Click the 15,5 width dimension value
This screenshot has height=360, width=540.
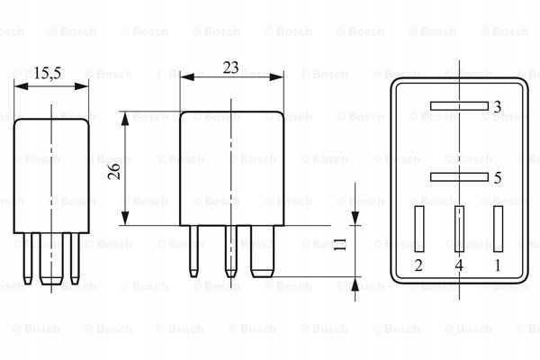coord(48,74)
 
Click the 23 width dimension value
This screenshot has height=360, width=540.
coord(230,67)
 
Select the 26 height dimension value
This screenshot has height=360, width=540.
coord(114,171)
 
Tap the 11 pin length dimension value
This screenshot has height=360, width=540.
coord(340,244)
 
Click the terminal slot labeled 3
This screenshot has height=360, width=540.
coord(459,106)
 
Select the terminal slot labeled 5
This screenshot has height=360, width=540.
coord(459,176)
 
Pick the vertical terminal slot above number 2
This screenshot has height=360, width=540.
coord(419,229)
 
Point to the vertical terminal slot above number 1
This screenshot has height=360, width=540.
coord(498,229)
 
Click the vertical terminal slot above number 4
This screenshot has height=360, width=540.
coord(459,229)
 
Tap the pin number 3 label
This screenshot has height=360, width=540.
coord(498,107)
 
